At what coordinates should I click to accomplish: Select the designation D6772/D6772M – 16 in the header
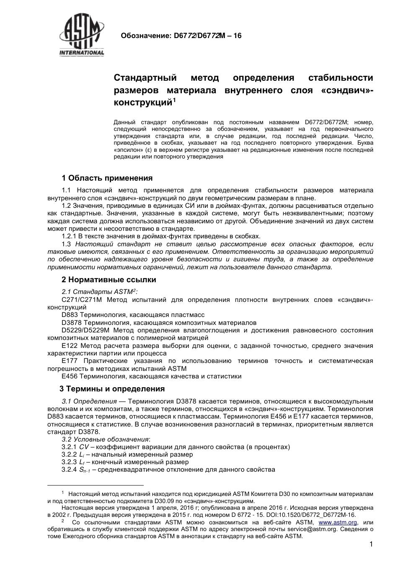coord(205,36)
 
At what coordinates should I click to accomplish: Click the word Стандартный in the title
coord(145,78)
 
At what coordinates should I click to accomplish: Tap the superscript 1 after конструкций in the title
coord(175,100)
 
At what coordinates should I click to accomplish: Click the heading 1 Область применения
coord(107,178)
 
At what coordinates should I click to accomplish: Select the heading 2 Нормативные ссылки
coord(109,279)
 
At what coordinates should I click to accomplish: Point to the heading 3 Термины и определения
coord(113,389)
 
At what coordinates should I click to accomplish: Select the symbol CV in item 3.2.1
coord(84,447)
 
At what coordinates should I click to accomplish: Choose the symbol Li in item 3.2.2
coord(82,455)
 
